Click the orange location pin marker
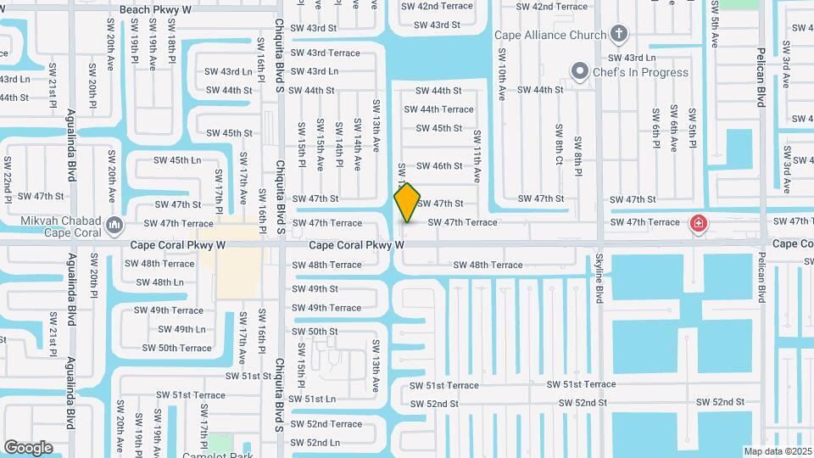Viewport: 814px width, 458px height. click(407, 202)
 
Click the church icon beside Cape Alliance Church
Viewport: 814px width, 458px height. click(619, 35)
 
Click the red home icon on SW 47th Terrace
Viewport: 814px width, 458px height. click(698, 223)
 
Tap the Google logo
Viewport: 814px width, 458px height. click(28, 448)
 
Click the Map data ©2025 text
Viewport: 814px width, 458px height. click(777, 451)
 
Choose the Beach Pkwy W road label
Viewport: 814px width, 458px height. click(155, 9)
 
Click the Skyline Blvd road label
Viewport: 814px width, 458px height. click(599, 278)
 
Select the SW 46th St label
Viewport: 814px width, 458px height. click(440, 166)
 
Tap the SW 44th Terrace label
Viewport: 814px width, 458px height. click(438, 109)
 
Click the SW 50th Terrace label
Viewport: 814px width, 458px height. click(177, 348)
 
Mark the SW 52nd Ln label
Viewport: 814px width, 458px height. click(312, 443)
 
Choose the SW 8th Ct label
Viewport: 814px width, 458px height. click(560, 145)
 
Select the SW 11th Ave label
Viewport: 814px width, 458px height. click(477, 158)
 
